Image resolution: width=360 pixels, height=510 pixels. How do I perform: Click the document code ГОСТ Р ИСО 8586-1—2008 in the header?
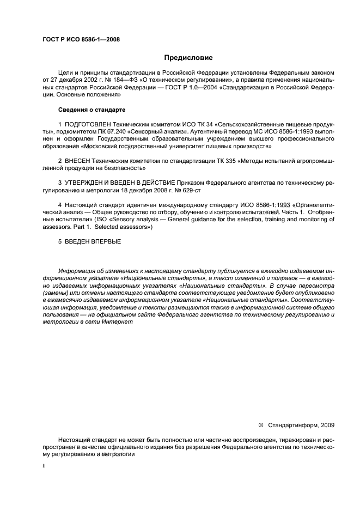pos(81,40)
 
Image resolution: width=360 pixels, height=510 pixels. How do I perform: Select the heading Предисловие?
pos(188,57)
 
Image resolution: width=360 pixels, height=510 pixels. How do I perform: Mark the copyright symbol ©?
pos(260,425)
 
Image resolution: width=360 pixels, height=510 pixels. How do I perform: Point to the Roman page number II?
pos(45,467)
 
